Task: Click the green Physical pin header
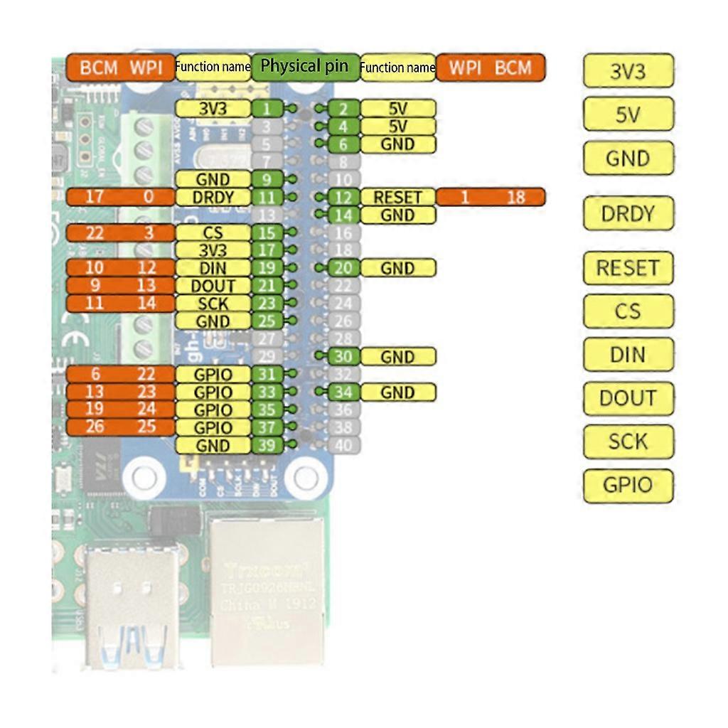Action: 305,67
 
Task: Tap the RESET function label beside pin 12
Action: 398,198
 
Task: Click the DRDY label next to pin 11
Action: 213,198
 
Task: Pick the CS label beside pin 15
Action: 213,233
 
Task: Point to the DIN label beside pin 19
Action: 213,268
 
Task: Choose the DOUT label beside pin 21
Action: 213,286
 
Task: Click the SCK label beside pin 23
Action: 213,304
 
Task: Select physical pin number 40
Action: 343,446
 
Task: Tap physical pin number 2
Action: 343,109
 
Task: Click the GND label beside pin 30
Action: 398,357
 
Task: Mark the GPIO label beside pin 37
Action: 213,428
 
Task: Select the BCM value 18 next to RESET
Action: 516,198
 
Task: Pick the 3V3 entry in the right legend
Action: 628,71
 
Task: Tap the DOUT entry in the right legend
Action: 628,398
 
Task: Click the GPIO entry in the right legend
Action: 628,486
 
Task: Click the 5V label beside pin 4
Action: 398,127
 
